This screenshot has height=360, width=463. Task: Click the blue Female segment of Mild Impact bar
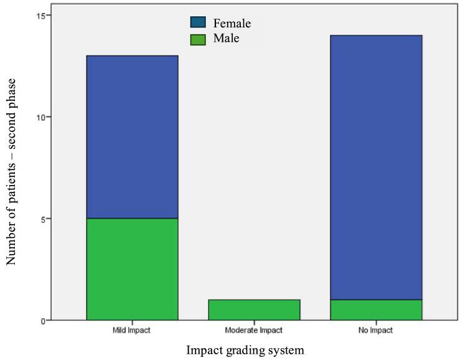pyautogui.click(x=132, y=137)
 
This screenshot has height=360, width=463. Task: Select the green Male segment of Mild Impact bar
pyautogui.click(x=132, y=269)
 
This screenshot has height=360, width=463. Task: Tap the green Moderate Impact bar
pyautogui.click(x=254, y=310)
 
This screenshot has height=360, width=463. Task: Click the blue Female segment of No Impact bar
pyautogui.click(x=376, y=168)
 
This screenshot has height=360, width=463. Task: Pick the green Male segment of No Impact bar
pyautogui.click(x=376, y=310)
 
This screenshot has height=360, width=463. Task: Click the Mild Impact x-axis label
pyautogui.click(x=132, y=329)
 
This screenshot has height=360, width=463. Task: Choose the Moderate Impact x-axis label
pyautogui.click(x=254, y=329)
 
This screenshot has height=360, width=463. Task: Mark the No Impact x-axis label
pyautogui.click(x=376, y=329)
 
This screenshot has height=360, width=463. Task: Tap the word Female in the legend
pyautogui.click(x=231, y=24)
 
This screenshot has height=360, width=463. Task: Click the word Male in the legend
pyautogui.click(x=227, y=39)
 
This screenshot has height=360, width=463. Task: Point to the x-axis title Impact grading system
pyautogui.click(x=248, y=350)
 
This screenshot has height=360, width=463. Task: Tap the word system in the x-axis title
pyautogui.click(x=287, y=351)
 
